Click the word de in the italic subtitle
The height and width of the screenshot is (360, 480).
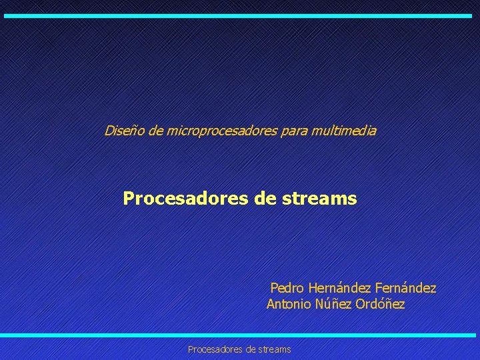[155, 131]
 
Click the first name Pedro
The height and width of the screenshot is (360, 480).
[287, 289]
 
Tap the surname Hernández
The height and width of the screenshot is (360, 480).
[340, 289]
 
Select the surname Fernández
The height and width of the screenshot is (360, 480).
[406, 289]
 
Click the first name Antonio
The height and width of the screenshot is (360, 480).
[289, 305]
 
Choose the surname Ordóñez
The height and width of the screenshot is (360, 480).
[380, 305]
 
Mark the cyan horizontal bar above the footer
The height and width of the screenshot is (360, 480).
[240, 335]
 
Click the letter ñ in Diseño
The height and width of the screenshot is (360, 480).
[134, 131]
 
